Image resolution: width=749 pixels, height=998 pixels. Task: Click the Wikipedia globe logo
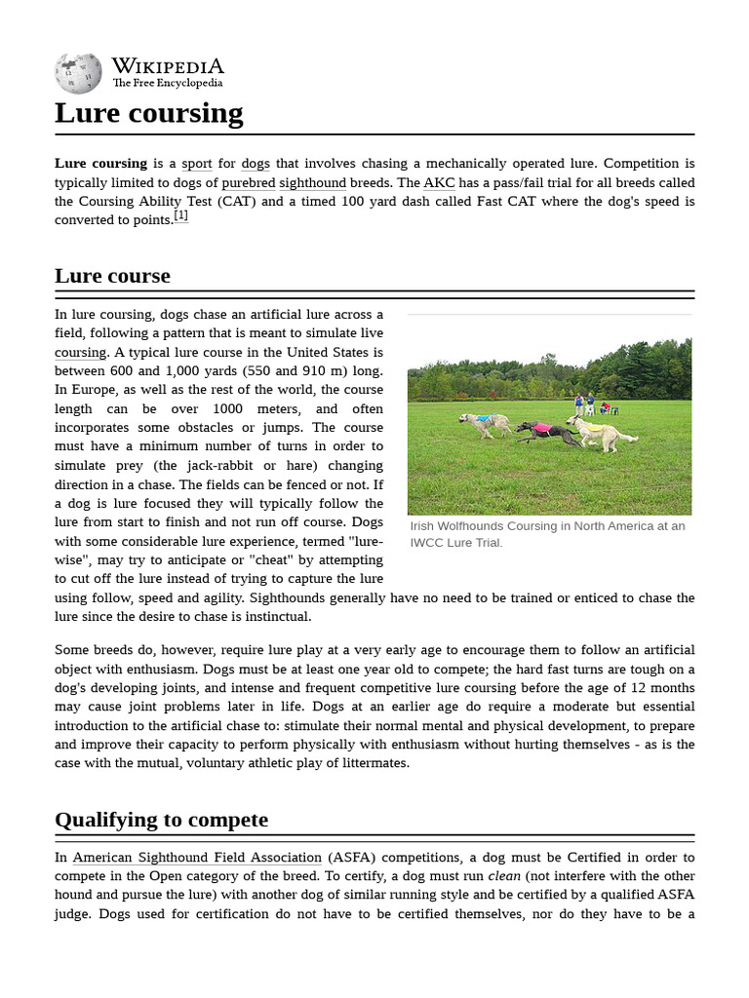point(78,73)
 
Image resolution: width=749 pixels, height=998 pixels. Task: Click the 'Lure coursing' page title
point(148,113)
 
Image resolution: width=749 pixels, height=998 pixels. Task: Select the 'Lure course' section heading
point(112,276)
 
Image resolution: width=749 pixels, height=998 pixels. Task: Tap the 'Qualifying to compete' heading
point(161,820)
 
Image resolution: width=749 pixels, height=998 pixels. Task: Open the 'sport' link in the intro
point(196,164)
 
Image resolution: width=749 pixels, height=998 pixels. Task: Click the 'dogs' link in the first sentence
point(256,164)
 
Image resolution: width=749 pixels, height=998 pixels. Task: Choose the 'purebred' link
point(248,182)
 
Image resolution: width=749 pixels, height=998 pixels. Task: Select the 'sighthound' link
point(312,182)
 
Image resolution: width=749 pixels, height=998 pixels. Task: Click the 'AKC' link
point(439,182)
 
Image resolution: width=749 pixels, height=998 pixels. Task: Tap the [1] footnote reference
point(181,216)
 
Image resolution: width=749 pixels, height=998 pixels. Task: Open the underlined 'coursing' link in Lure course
point(80,353)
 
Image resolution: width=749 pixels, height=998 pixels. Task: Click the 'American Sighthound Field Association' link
point(197,858)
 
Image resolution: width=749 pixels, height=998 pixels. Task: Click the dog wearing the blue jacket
point(485,421)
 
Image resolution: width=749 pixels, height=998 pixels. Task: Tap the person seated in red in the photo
point(605,407)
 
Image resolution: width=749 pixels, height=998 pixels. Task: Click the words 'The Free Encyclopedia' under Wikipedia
point(167,84)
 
